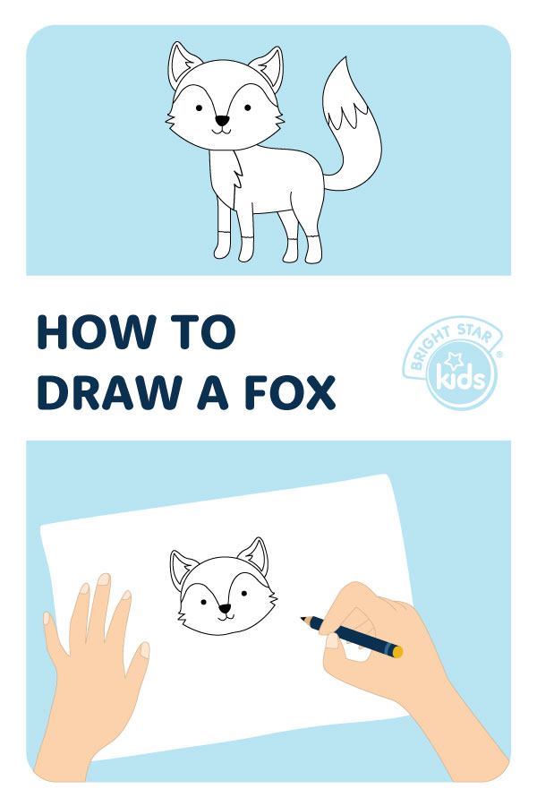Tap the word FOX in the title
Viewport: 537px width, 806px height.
[289, 393]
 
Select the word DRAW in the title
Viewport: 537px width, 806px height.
[108, 393]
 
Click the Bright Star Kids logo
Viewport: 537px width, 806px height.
[452, 363]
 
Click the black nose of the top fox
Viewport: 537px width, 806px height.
[222, 121]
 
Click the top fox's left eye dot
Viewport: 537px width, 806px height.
[199, 108]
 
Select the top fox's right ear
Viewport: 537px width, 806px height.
[268, 67]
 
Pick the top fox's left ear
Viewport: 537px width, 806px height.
[182, 64]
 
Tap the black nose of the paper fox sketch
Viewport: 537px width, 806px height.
[225, 609]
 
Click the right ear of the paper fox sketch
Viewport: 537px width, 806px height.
[254, 555]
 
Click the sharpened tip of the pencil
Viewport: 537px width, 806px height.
[303, 618]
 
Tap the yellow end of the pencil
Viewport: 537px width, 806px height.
[397, 652]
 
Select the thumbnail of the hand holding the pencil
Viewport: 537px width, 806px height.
[332, 640]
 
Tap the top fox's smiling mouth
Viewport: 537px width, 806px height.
[222, 131]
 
